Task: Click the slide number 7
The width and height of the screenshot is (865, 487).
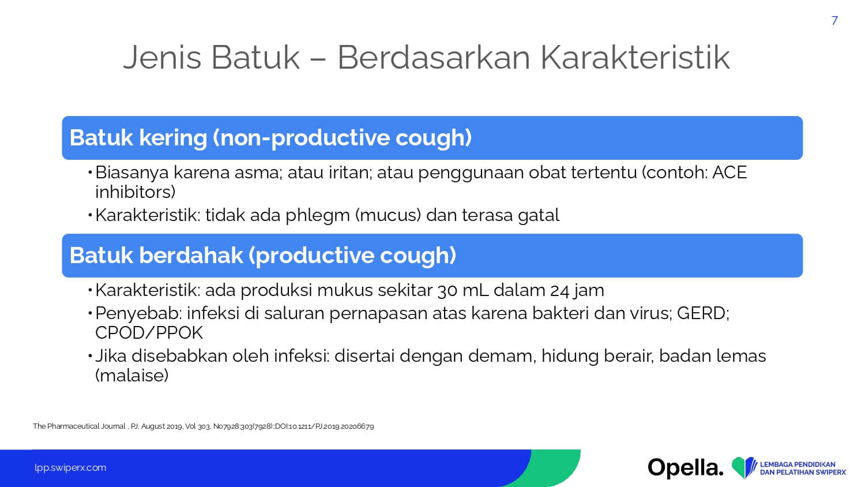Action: [x=834, y=21]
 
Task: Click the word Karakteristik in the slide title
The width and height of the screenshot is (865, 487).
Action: [x=635, y=58]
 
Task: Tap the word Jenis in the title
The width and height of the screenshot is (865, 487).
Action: [x=162, y=58]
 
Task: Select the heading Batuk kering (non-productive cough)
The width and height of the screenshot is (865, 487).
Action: [x=270, y=138]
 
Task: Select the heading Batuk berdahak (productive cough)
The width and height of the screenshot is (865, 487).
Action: [x=263, y=256]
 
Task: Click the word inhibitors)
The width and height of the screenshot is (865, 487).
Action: [x=135, y=192]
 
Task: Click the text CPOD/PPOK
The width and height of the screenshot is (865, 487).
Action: [x=149, y=333]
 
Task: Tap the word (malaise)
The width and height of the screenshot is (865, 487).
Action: [x=131, y=375]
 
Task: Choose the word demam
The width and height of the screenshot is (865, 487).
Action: [x=502, y=357]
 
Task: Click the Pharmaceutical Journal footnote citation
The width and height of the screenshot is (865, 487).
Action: [x=203, y=426]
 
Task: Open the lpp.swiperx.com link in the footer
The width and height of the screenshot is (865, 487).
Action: [x=70, y=468]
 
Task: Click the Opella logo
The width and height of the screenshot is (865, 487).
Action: [x=686, y=468]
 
